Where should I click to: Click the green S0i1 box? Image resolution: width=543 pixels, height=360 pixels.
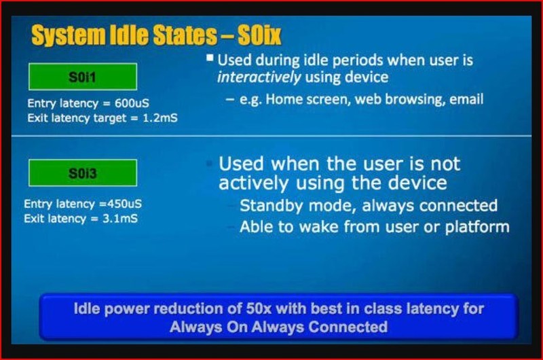[x=83, y=77]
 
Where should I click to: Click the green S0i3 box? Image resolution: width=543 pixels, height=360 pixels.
[x=83, y=173]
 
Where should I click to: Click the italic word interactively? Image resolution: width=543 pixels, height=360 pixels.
[x=258, y=77]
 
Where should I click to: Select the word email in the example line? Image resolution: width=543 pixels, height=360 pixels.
[x=465, y=99]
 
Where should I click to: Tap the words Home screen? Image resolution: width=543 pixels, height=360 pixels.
[x=299, y=99]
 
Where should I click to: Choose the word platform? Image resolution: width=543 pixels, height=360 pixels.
[x=476, y=227]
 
